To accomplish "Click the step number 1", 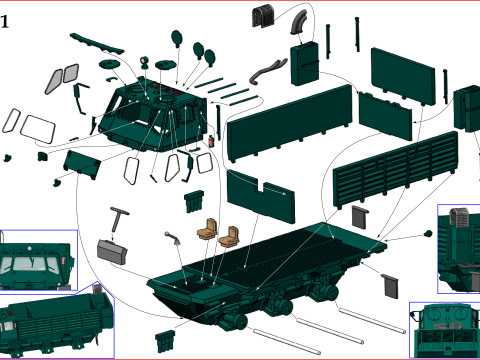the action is click(5, 22).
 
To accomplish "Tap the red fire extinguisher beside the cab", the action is click(211, 141).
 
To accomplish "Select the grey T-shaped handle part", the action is click(118, 219).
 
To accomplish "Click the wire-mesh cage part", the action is click(263, 15).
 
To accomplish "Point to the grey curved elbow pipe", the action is click(299, 22).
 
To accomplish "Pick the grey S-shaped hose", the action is click(267, 72).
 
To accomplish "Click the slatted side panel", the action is click(396, 167).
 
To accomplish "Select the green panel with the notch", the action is click(260, 196).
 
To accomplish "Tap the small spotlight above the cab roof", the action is click(144, 62).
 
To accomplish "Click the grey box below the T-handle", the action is click(112, 252).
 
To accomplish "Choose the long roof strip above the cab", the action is click(97, 44).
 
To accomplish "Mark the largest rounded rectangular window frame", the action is click(38, 129).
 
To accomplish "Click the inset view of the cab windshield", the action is click(38, 260).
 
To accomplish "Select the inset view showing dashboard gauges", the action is click(445, 330).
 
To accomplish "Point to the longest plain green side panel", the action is click(289, 123).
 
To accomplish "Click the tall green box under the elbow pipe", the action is click(305, 64).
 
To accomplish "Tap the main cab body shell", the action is click(153, 116).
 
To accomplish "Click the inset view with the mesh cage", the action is click(459, 249).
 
